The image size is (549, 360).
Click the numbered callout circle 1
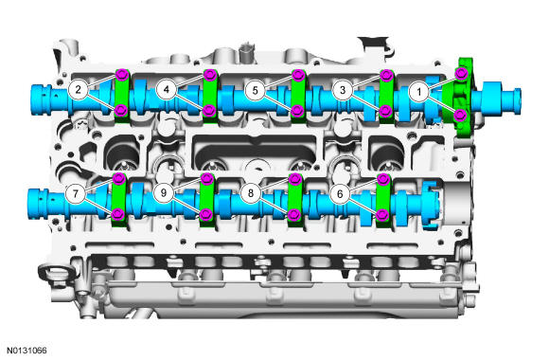pyautogui.click(x=419, y=92)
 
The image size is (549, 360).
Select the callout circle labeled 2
pyautogui.click(x=78, y=90)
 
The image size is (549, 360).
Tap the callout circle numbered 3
pyautogui.click(x=343, y=90)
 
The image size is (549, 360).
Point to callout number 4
pyautogui.click(x=167, y=90)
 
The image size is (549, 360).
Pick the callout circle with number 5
pyautogui.click(x=255, y=90)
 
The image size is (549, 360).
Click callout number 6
pyautogui.click(x=340, y=193)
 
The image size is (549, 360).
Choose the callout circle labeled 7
pyautogui.click(x=76, y=193)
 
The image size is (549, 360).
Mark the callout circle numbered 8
pyautogui.click(x=251, y=193)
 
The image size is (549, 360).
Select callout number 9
pyautogui.click(x=163, y=193)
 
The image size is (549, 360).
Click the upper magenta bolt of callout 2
pyautogui.click(x=122, y=74)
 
